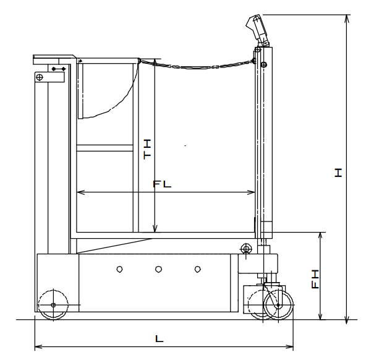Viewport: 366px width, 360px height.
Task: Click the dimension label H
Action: [x=338, y=173]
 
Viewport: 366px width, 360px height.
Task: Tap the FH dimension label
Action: [x=315, y=279]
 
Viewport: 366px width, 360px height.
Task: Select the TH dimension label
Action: [x=147, y=150]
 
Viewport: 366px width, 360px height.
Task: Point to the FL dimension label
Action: [x=162, y=184]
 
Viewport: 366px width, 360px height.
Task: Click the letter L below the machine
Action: [x=160, y=338]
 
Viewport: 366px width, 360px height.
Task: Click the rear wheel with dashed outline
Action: [x=53, y=305]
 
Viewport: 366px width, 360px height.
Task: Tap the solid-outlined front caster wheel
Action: [x=278, y=305]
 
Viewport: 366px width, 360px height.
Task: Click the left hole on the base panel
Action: [x=119, y=270]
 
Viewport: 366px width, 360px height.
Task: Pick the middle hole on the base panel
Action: [x=158, y=270]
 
